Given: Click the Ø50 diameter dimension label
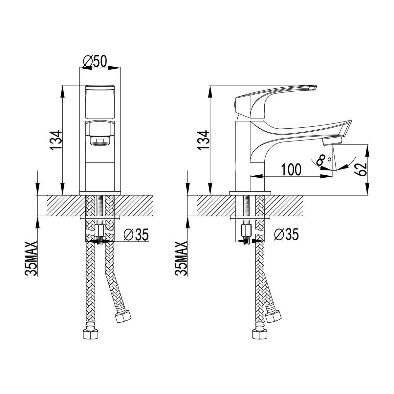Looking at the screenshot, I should pos(95,61).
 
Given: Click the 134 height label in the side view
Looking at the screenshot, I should pos(203,140).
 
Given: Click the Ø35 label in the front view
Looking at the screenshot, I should pos(136,235).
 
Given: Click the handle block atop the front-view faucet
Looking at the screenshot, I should pos(100,102).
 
